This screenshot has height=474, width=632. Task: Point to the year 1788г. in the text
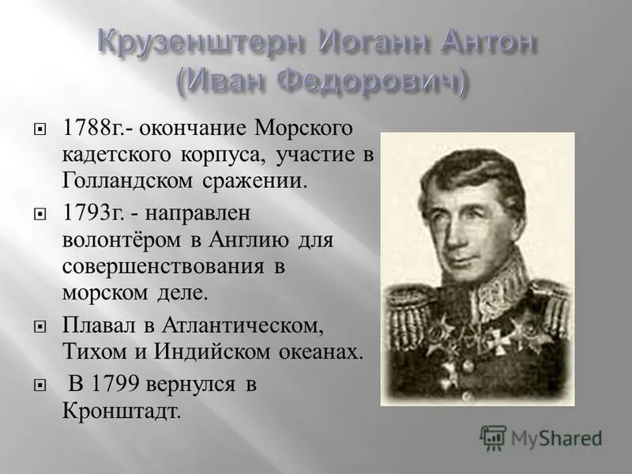pyautogui.click(x=90, y=127)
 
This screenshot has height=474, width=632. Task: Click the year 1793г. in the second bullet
pyautogui.click(x=90, y=213)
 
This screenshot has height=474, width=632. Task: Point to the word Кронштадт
pyautogui.click(x=122, y=411)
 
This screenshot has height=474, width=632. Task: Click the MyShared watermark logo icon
pyautogui.click(x=493, y=437)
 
